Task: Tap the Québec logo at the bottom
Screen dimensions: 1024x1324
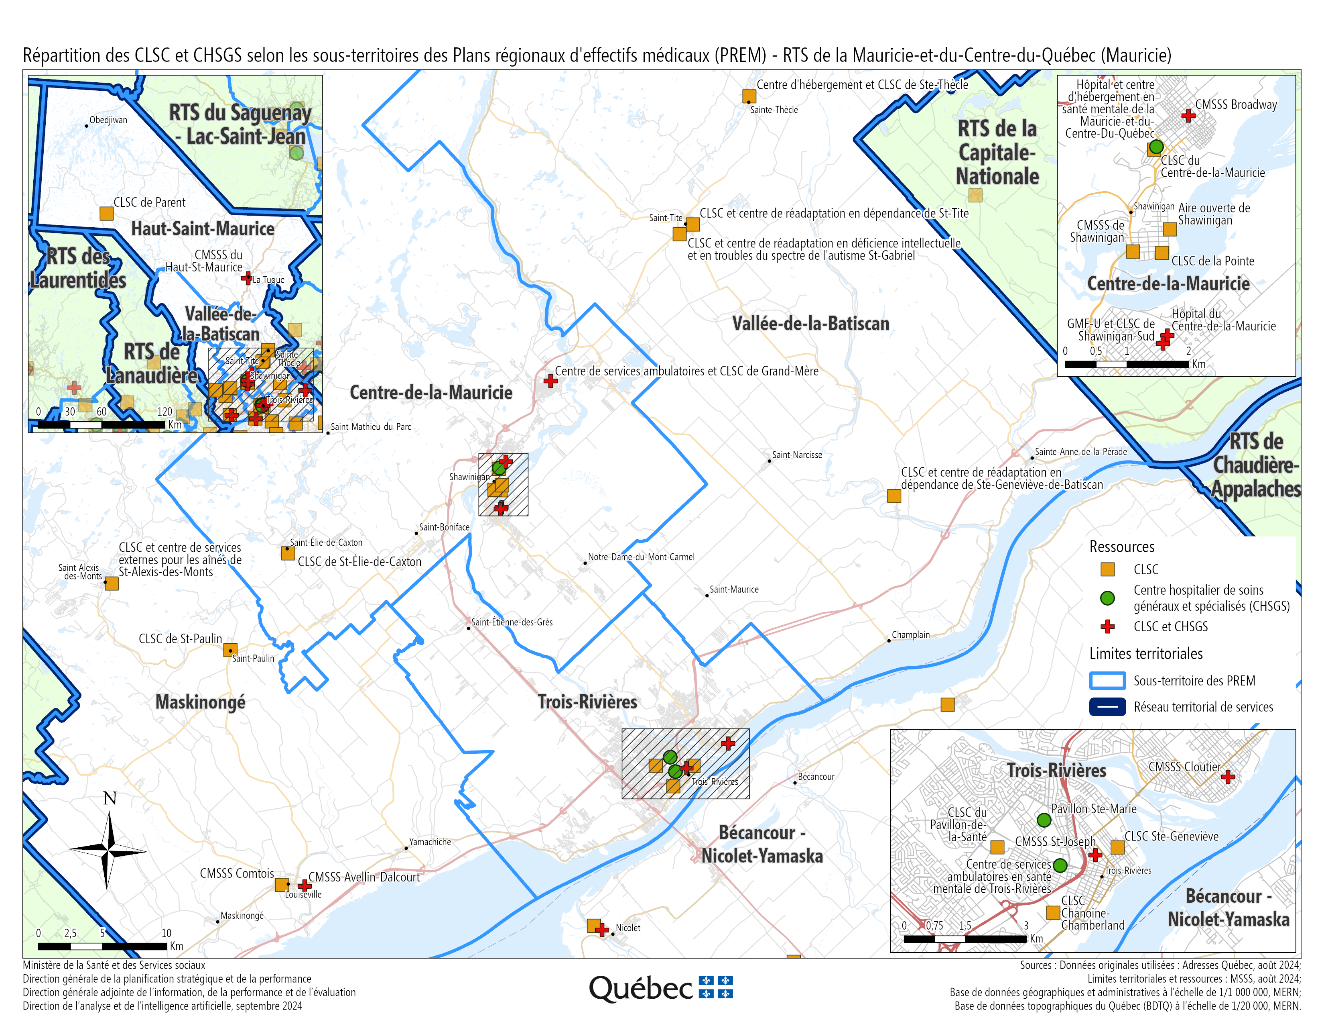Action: tap(661, 989)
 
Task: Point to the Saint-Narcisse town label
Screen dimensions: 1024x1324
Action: tap(796, 455)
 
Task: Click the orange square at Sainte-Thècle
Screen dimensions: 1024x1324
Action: tap(749, 96)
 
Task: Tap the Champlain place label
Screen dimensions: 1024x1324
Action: tap(910, 635)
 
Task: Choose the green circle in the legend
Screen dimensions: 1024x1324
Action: tap(1108, 598)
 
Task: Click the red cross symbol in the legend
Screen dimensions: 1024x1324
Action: tap(1108, 627)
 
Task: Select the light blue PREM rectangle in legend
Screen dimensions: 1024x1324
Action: tap(1108, 681)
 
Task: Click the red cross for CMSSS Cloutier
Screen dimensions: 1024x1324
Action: tap(1228, 777)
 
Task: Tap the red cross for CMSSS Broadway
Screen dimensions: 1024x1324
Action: tap(1188, 115)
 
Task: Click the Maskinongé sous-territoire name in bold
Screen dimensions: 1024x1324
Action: tap(201, 702)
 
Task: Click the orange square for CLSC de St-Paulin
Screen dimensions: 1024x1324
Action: tap(230, 650)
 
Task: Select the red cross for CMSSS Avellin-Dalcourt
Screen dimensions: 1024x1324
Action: tap(305, 886)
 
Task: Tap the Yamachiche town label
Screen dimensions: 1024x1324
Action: tap(430, 842)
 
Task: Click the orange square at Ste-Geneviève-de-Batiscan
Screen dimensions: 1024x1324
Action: tap(893, 496)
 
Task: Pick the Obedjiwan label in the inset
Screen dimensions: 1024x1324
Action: tap(108, 120)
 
